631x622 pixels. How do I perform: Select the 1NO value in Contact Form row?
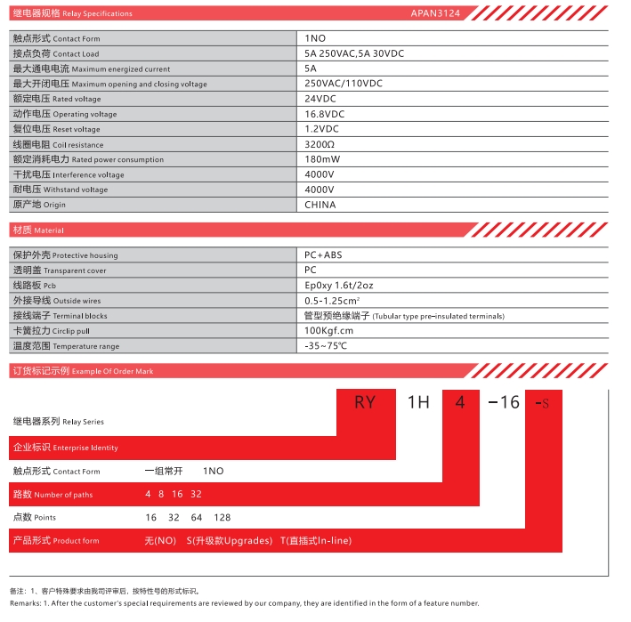(316, 39)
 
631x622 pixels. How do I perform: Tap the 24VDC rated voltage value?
(322, 99)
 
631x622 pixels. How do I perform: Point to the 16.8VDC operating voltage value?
(325, 114)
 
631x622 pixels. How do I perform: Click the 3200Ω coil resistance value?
(320, 144)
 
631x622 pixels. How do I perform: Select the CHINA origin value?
(320, 205)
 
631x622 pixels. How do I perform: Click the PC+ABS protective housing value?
(323, 255)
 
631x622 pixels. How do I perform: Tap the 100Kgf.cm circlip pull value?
(328, 330)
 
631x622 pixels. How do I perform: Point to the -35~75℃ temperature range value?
(326, 345)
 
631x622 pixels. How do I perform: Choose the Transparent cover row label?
(59, 271)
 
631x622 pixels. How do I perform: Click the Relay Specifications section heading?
(72, 13)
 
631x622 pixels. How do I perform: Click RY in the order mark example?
(365, 402)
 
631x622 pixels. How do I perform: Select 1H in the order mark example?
(418, 402)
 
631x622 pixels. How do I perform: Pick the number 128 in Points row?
(222, 517)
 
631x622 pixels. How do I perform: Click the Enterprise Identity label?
(64, 448)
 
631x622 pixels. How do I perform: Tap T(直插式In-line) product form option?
(316, 540)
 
